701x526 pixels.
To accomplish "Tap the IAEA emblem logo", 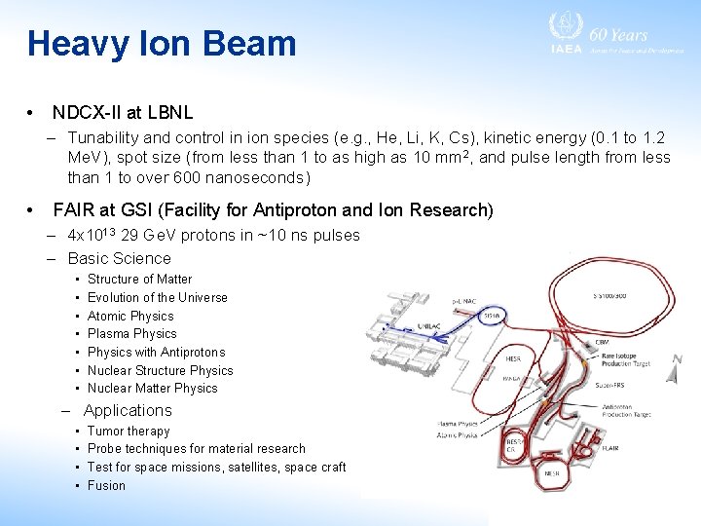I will [566, 29].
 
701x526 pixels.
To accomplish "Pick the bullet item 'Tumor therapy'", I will [129, 431].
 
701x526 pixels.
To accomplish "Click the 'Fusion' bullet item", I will [106, 485].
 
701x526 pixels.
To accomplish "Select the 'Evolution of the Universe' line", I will [157, 297].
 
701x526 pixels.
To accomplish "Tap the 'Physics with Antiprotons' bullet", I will [156, 352].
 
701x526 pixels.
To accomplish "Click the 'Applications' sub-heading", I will [127, 410].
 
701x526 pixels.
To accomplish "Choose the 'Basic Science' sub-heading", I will [119, 258].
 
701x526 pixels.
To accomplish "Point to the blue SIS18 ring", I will [492, 315].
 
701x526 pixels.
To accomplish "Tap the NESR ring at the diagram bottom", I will [551, 472].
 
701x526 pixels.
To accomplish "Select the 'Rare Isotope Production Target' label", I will [624, 361].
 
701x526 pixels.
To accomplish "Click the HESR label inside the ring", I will [513, 359].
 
